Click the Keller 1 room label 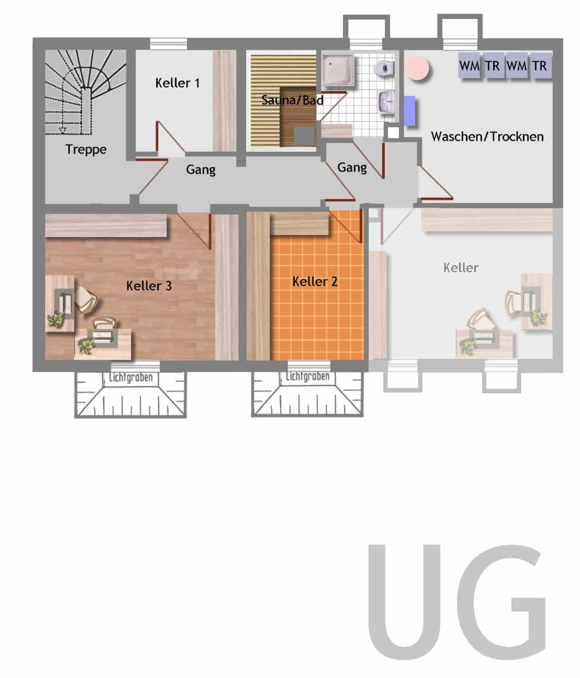click(x=177, y=83)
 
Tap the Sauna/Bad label click(x=292, y=100)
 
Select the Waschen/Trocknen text click(x=487, y=136)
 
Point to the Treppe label click(x=86, y=150)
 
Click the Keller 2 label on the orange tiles click(x=315, y=282)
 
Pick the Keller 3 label click(x=149, y=286)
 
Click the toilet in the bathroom click(x=384, y=68)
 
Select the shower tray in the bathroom click(x=338, y=70)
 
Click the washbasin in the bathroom click(x=387, y=102)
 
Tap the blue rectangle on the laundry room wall click(x=410, y=111)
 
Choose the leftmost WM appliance click(x=470, y=65)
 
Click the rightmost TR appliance click(x=541, y=65)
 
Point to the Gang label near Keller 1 click(x=201, y=170)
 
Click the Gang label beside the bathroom click(x=352, y=168)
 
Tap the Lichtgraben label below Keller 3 click(x=131, y=378)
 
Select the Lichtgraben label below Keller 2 click(x=307, y=377)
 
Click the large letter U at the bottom click(x=404, y=602)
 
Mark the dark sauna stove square click(x=304, y=136)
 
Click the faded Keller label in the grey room click(x=461, y=268)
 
